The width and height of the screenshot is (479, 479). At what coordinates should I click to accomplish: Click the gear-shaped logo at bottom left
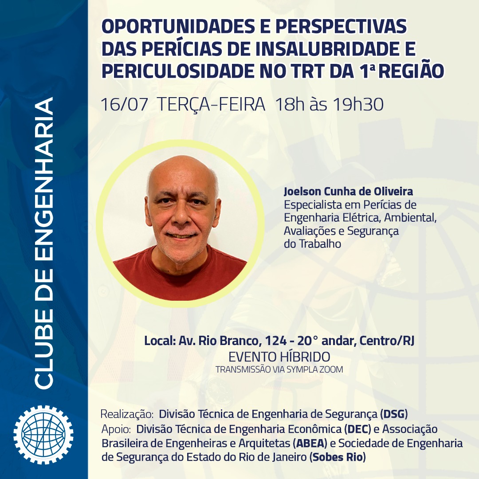[x=43, y=435]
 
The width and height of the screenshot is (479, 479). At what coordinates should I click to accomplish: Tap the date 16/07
[x=124, y=105]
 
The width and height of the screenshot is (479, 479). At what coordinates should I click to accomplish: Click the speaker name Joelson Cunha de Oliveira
[x=348, y=192]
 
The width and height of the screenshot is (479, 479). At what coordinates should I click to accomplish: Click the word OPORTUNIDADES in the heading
[x=178, y=26]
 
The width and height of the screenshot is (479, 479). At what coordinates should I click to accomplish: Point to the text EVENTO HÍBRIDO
[x=279, y=357]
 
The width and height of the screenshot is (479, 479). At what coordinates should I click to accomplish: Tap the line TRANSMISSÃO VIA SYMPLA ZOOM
[x=279, y=369]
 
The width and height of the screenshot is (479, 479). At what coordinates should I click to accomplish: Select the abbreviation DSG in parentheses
[x=394, y=414]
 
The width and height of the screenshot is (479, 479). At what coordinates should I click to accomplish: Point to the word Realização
[x=127, y=415]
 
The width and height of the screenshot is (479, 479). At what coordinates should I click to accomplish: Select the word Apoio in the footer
[x=116, y=429]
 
